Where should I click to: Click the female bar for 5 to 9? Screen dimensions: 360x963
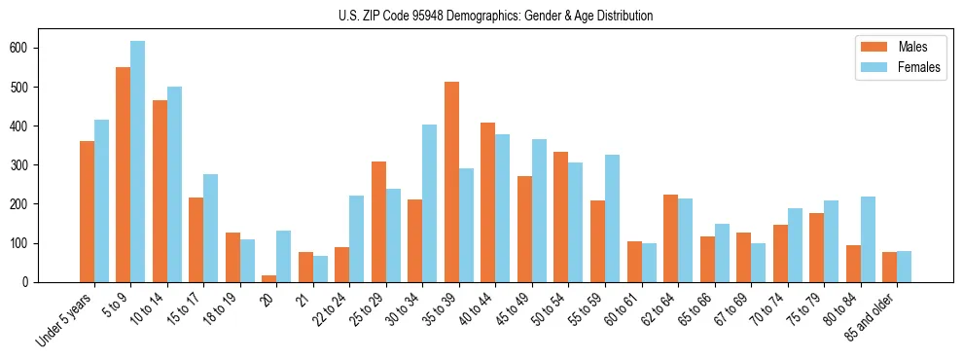(138, 162)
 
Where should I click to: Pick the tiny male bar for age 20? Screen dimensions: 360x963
(269, 278)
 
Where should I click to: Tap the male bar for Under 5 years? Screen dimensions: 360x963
(87, 211)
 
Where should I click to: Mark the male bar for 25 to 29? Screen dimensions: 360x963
(378, 222)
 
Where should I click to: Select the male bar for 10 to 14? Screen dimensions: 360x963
(160, 191)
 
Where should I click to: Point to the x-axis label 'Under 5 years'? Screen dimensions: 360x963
(66, 319)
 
